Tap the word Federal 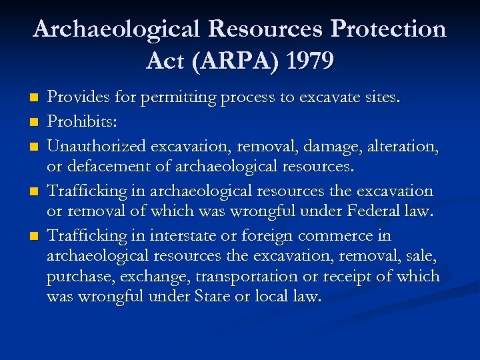(x=370, y=212)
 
